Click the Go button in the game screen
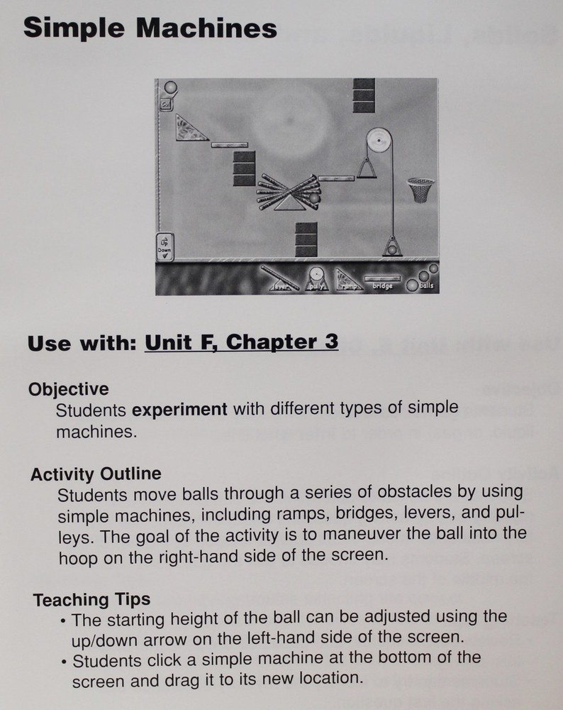click(165, 104)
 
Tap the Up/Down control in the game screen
click(165, 247)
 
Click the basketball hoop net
click(420, 190)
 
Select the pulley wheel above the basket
click(378, 141)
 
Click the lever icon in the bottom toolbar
click(279, 278)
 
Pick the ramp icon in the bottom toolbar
click(346, 279)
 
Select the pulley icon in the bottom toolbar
click(315, 278)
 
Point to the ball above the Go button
click(169, 89)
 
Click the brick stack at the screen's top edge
click(364, 95)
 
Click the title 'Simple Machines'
click(150, 28)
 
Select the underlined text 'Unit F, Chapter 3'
click(241, 342)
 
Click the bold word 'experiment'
click(180, 410)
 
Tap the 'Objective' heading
click(69, 389)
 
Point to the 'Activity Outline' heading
click(96, 473)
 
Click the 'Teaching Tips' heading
click(91, 599)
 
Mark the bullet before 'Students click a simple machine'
click(64, 662)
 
